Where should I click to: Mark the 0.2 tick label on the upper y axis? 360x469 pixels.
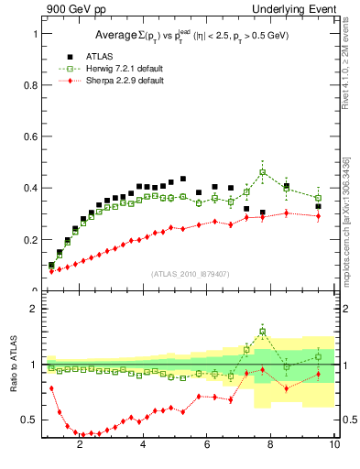tap(30, 240)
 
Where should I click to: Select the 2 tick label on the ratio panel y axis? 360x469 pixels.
tap(35, 310)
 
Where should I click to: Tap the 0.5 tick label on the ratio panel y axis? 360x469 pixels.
tap(30, 420)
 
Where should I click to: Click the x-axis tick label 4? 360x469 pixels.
tap(144, 446)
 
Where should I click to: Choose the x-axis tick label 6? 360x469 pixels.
tap(207, 446)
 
